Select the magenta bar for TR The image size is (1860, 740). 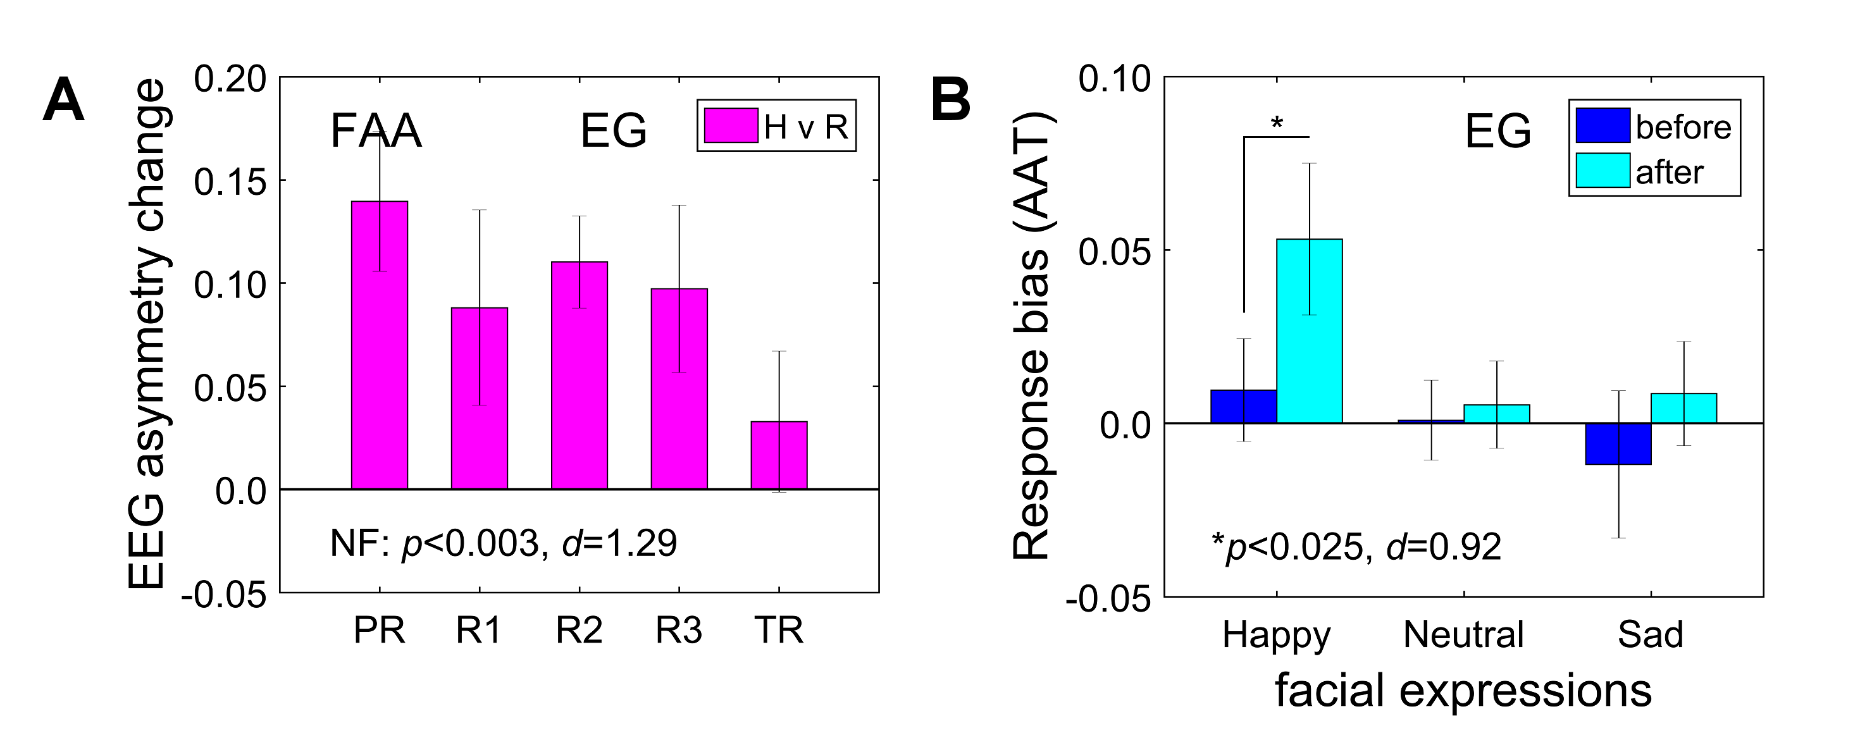778,455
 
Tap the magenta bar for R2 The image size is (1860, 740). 579,376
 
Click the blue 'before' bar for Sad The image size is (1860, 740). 1618,443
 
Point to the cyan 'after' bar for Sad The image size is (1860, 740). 1684,408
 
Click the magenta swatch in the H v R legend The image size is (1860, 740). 731,126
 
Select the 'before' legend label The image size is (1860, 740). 1683,128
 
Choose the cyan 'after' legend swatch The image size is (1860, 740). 1603,171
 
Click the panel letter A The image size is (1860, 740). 63,102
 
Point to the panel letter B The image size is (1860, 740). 950,101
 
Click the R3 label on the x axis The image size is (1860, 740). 679,630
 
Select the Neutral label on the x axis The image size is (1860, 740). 1463,634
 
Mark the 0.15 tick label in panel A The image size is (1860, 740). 230,182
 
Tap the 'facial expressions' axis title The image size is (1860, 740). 1463,691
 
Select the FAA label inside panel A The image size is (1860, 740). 375,132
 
